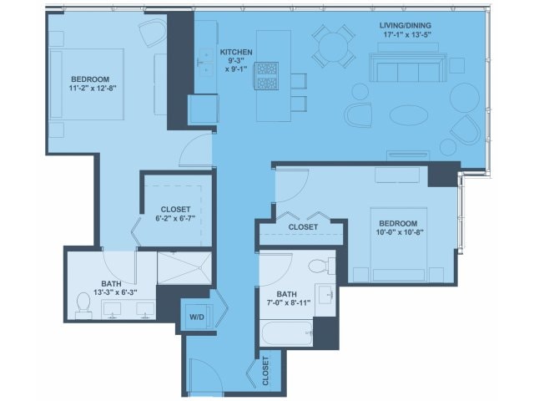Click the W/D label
[x=197, y=317]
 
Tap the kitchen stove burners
[x=267, y=76]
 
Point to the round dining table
[x=334, y=46]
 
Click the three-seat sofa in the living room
[x=408, y=67]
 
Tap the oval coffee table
[x=408, y=115]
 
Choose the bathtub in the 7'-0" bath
[x=286, y=333]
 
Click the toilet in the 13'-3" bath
[x=83, y=305]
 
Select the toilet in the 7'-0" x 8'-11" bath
[x=321, y=266]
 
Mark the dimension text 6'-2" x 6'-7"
[x=175, y=218]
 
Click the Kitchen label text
[x=236, y=52]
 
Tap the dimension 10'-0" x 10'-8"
[x=399, y=232]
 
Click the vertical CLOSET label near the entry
[x=265, y=371]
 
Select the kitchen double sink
[x=206, y=63]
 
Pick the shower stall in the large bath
[x=184, y=268]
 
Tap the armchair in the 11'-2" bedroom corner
[x=154, y=33]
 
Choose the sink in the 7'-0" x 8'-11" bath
[x=325, y=295]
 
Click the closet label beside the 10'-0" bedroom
[x=303, y=227]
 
